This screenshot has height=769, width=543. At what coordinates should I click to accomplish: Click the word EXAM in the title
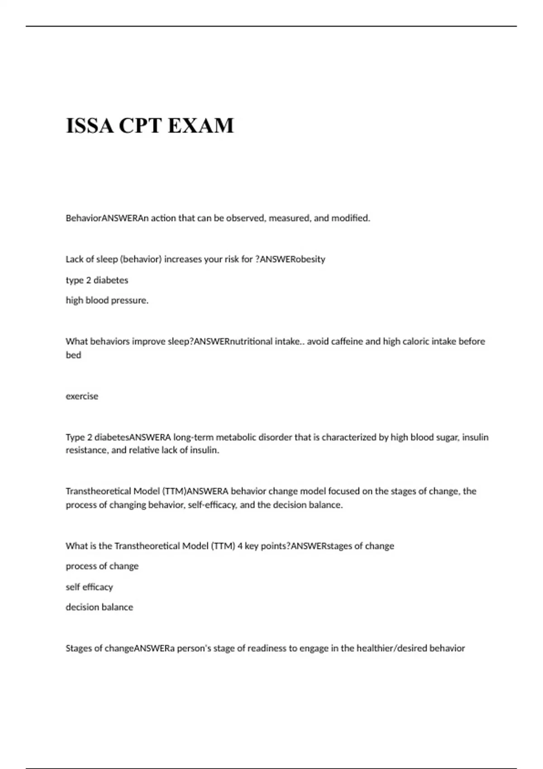click(x=201, y=125)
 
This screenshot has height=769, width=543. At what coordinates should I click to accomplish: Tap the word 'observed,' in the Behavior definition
click(x=246, y=218)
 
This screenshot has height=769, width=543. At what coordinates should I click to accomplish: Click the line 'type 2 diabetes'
click(x=97, y=280)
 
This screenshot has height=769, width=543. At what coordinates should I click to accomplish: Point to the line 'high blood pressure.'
click(x=107, y=300)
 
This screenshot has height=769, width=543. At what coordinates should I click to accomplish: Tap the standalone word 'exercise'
click(x=82, y=396)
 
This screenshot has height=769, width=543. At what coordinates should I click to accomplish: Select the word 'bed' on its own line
click(x=73, y=355)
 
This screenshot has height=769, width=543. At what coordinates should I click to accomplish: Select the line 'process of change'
click(x=102, y=566)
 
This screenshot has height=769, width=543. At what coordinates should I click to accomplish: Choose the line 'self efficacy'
click(x=89, y=587)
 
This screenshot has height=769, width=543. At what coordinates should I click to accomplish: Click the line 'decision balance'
click(x=100, y=607)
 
